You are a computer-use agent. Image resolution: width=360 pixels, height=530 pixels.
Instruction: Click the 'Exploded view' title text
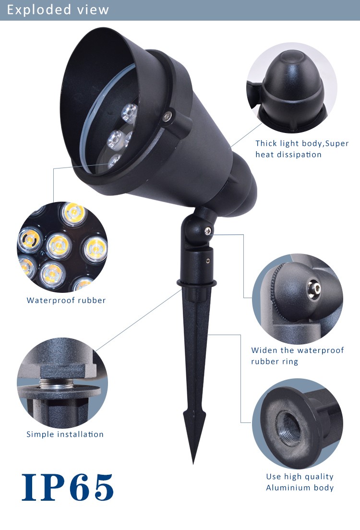tap(58, 10)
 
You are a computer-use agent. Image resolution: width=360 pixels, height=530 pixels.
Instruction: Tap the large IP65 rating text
tap(68, 487)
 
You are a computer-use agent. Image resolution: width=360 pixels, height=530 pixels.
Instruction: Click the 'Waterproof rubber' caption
tap(66, 301)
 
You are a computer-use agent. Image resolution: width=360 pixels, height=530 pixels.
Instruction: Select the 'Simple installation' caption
tap(65, 434)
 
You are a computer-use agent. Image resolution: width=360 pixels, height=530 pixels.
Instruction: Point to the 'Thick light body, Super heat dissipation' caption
tap(302, 149)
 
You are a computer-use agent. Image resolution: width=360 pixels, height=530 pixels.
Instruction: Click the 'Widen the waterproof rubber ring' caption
tap(298, 356)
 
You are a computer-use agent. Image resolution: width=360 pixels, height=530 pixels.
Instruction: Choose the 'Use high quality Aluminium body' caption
tap(300, 482)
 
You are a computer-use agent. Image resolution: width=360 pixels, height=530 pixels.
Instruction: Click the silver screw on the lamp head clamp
tap(166, 116)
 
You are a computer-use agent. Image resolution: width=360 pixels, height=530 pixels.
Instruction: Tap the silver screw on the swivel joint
tap(208, 231)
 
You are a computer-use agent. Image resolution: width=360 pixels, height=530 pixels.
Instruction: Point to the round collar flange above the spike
tap(196, 283)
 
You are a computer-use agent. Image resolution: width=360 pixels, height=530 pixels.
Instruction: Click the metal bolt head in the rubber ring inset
tap(315, 288)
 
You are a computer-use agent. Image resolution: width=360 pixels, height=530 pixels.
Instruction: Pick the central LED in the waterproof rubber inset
tap(59, 245)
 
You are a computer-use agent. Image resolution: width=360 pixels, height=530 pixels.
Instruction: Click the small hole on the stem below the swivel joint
tap(208, 261)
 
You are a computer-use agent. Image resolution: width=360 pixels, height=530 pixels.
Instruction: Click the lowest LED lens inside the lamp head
tap(115, 161)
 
